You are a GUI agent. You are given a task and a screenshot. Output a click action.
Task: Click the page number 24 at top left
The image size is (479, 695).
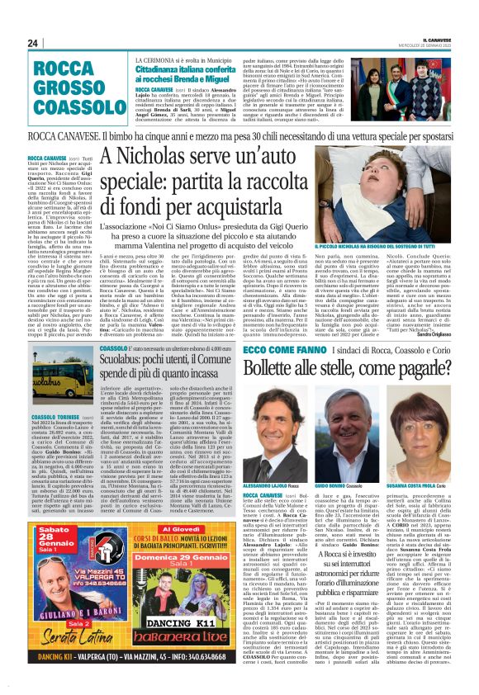34,43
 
